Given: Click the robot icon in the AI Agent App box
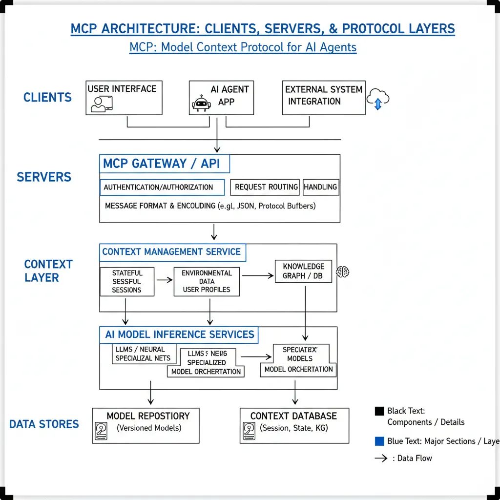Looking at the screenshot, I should (x=201, y=104).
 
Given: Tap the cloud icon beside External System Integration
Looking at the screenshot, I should (x=378, y=98).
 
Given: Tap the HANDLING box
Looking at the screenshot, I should (x=321, y=187).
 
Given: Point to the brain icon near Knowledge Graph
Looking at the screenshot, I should (x=343, y=271).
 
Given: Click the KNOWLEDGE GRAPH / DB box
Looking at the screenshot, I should (x=303, y=271).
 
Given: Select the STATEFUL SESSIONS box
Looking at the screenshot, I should (x=127, y=282).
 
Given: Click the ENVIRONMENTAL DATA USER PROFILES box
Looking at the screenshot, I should (x=207, y=281).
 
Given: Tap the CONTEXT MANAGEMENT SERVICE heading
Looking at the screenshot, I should (x=172, y=252).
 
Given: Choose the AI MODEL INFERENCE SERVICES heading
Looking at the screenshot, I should (x=179, y=334).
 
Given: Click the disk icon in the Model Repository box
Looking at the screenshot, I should (x=101, y=431).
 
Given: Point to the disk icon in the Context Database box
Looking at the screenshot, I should (x=249, y=431).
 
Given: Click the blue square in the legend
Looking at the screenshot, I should (x=379, y=441).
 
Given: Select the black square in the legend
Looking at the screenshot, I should (x=379, y=411).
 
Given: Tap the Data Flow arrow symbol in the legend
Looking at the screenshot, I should (x=381, y=458).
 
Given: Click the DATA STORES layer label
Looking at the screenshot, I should (x=44, y=424).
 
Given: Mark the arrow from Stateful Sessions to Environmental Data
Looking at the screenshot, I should (x=165, y=280).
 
